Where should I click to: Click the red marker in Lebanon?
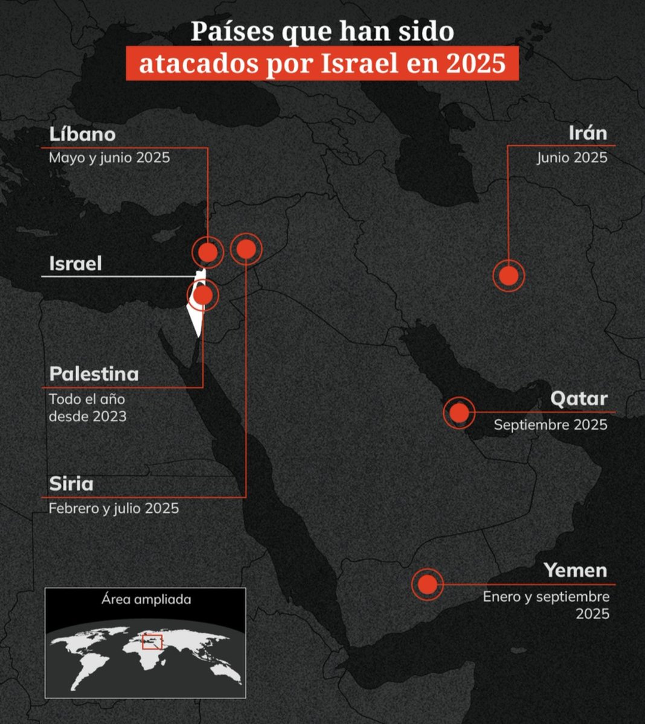(x=208, y=253)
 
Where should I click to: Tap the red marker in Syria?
(x=246, y=249)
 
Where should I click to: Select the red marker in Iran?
(x=509, y=276)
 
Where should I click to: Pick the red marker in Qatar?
(x=459, y=413)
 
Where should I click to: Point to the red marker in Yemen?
(x=427, y=584)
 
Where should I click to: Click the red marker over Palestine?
(x=204, y=296)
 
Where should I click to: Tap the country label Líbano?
(x=82, y=133)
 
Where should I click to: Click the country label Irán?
(x=587, y=133)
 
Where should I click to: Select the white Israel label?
(x=75, y=264)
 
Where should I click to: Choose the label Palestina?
(x=94, y=373)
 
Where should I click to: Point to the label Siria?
(x=71, y=484)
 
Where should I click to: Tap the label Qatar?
(x=578, y=399)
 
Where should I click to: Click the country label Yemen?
(x=575, y=570)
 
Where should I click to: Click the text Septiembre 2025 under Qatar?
(x=550, y=425)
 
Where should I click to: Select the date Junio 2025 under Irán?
(x=572, y=158)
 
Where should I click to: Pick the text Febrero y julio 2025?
(x=114, y=509)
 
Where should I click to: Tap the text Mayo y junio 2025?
(x=109, y=158)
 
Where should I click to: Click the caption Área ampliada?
(x=146, y=600)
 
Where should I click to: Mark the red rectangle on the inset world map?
(x=152, y=641)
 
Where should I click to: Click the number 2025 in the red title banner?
(x=475, y=63)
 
